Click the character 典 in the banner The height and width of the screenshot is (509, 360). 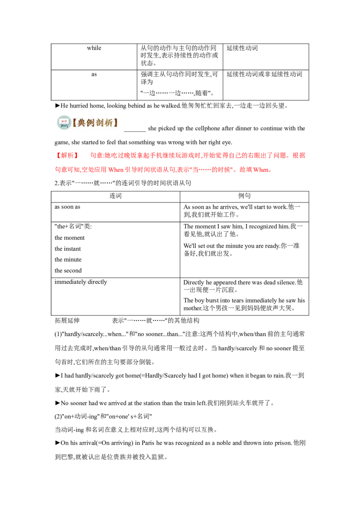(x=81, y=122)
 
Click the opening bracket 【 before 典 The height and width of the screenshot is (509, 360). (x=74, y=122)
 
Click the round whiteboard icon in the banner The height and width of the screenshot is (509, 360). (x=64, y=122)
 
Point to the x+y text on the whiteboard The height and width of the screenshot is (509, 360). (x=64, y=121)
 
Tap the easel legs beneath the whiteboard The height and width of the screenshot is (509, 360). (x=64, y=127)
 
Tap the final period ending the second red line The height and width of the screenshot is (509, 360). (x=271, y=170)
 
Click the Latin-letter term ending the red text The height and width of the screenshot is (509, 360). (x=263, y=170)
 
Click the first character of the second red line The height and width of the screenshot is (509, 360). (x=57, y=170)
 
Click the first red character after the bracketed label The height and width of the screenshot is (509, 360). (x=92, y=155)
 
